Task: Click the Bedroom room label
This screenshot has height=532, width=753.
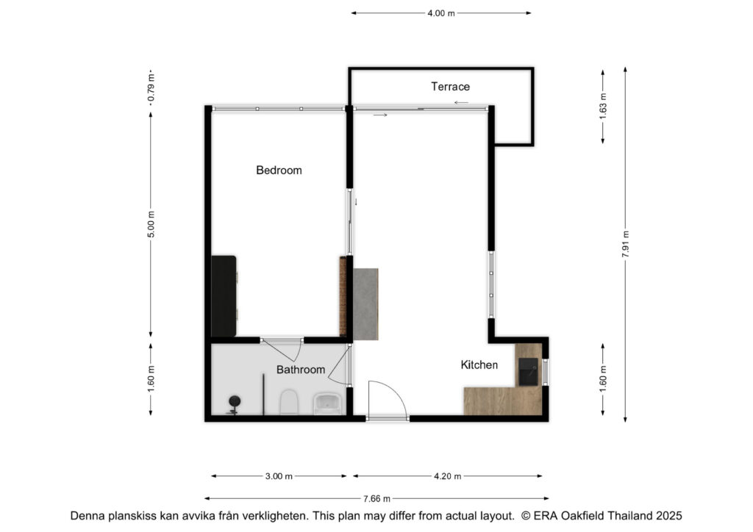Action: tap(279, 170)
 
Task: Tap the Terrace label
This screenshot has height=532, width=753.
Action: tap(450, 87)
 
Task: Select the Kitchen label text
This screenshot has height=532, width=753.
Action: tap(479, 365)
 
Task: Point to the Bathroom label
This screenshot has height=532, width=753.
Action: tap(301, 370)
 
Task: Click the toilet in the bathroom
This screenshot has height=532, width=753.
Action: tap(289, 402)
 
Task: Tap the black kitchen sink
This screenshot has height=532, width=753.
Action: tap(528, 371)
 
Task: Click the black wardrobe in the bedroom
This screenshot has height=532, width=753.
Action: tap(224, 296)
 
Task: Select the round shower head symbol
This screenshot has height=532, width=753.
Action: tap(235, 401)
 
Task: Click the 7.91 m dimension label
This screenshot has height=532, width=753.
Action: tap(625, 244)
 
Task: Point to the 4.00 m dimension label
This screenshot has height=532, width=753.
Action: tap(441, 13)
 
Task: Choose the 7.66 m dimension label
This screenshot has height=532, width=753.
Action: tap(376, 499)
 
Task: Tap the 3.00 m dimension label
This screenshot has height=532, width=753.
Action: tap(279, 476)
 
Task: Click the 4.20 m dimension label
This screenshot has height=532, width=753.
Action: tap(448, 476)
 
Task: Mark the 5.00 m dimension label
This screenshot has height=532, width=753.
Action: tap(151, 225)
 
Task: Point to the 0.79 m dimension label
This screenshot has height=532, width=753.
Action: tap(151, 87)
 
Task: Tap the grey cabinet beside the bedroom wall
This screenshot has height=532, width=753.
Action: tap(366, 304)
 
